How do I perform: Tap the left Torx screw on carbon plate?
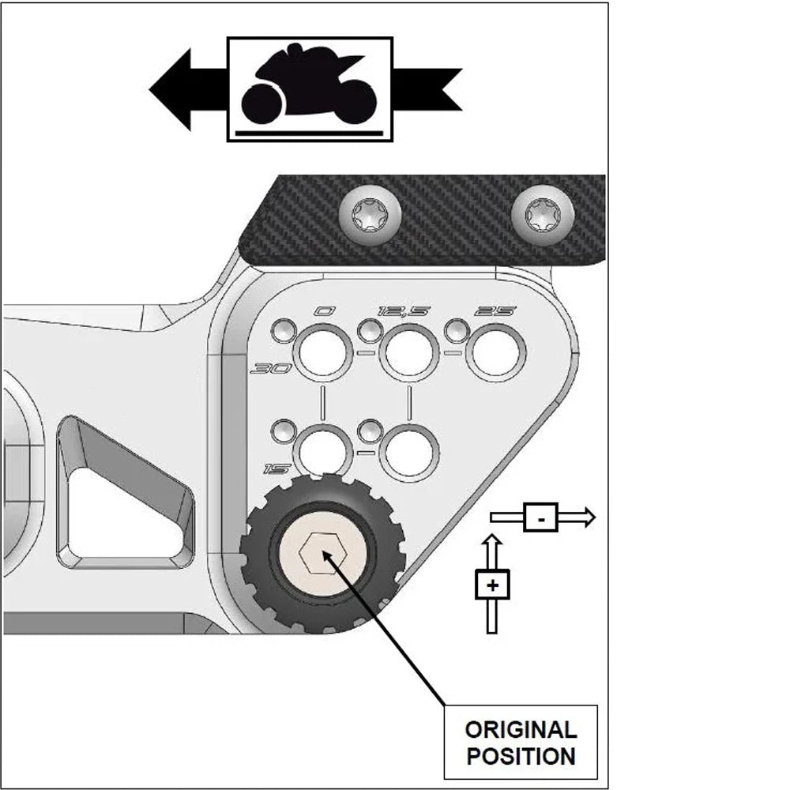371,215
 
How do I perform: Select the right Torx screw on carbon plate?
543,215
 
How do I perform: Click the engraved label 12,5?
404,311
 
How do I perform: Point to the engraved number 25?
495,311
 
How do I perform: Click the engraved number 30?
271,369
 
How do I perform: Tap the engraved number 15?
276,469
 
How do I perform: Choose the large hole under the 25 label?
496,352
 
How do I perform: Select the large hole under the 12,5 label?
409,352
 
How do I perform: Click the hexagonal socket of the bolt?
323,553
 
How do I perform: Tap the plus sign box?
492,585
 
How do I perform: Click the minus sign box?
540,517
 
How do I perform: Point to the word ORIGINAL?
521,729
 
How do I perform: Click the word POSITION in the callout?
521,756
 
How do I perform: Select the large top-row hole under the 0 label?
322,352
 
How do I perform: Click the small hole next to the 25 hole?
457,331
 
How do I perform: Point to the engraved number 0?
324,311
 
